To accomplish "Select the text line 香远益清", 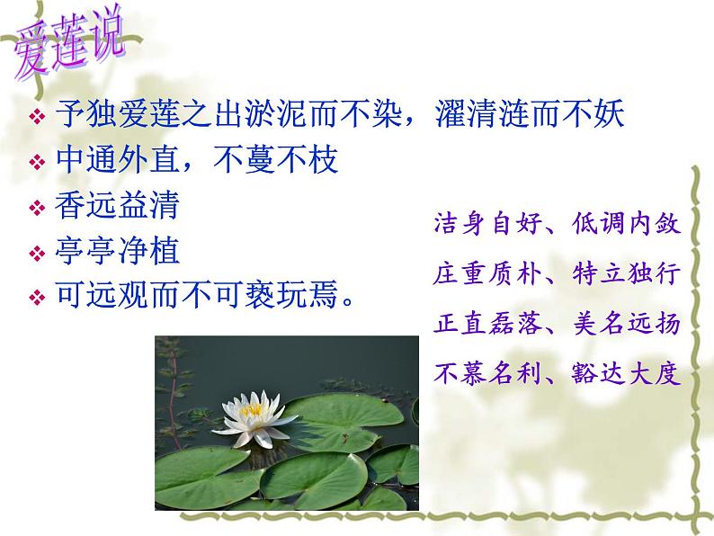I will (x=117, y=207).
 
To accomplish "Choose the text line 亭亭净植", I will (x=117, y=252).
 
